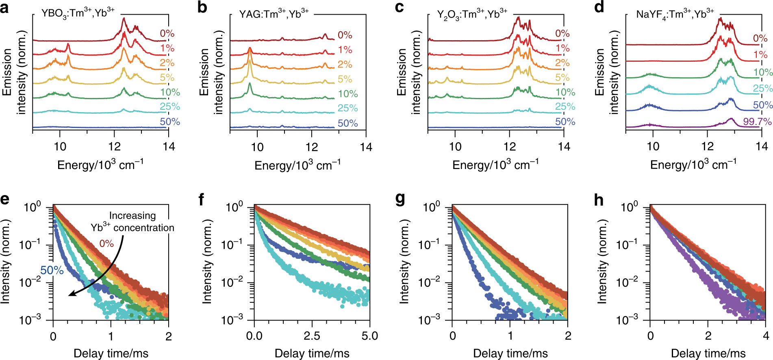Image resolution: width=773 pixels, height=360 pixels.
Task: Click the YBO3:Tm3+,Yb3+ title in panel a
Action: (78, 13)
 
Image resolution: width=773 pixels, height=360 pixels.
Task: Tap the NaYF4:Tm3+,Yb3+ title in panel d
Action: (675, 14)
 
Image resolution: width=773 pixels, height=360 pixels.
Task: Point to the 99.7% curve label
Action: (757, 121)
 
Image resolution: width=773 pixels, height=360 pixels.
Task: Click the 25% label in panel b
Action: (347, 108)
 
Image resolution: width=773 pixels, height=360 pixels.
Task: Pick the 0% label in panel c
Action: (562, 34)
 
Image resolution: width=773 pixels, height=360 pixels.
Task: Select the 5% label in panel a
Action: (167, 78)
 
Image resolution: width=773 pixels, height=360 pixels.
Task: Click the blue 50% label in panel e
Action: (52, 270)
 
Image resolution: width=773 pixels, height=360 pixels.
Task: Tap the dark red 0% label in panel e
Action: (106, 243)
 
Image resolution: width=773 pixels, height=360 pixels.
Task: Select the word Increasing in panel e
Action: (132, 215)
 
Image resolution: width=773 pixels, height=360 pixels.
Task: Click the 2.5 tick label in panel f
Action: (312, 336)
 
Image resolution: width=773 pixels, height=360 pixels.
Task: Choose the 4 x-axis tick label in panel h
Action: (766, 336)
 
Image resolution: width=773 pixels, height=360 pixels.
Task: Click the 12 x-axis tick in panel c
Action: (509, 147)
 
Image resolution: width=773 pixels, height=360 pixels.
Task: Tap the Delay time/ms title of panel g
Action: (510, 353)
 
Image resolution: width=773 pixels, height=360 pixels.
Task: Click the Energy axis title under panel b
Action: (297, 165)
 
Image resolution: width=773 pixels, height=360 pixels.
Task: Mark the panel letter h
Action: (599, 200)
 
